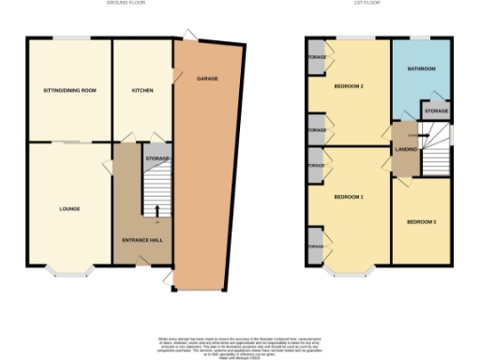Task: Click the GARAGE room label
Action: [207, 79]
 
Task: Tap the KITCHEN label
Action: [142, 91]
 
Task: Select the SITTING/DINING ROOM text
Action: [69, 91]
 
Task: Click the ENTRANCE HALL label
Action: [142, 241]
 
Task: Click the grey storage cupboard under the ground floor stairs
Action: [157, 159]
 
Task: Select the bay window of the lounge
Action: [70, 273]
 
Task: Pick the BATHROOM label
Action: [421, 68]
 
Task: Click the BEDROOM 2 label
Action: [348, 86]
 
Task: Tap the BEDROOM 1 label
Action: [348, 197]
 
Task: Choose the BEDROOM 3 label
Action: [421, 222]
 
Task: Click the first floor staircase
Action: [436, 151]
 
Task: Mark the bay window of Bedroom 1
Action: [349, 273]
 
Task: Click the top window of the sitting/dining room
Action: [70, 37]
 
